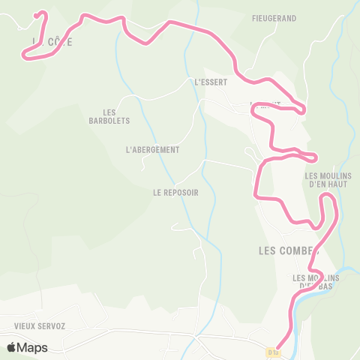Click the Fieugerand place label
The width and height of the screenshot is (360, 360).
coord(274,18)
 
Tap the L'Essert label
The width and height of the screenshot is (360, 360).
coord(210,82)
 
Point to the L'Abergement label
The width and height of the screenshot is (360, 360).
coord(153,150)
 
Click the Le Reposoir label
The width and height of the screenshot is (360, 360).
coord(175,192)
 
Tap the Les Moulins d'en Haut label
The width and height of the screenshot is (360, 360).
coord(323,181)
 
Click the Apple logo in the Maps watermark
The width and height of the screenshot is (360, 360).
coord(11,347)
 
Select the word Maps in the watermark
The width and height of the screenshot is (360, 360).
coord(32,347)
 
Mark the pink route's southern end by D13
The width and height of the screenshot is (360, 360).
coord(278,346)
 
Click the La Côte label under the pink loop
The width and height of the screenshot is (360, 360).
coord(52,43)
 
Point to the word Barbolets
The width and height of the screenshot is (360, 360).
coord(109,121)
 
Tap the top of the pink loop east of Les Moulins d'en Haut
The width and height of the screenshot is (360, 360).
coord(327,195)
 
